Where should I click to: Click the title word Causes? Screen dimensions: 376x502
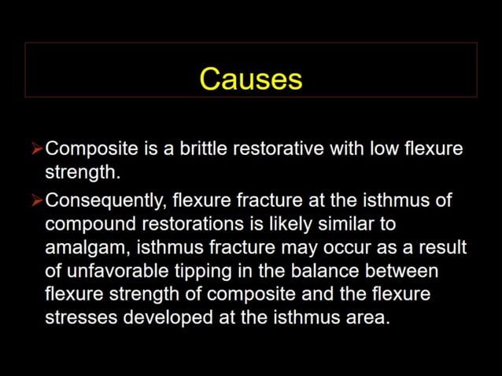250,79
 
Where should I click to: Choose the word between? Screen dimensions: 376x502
407,271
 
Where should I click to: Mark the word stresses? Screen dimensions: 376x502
78,319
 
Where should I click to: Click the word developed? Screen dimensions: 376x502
159,319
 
